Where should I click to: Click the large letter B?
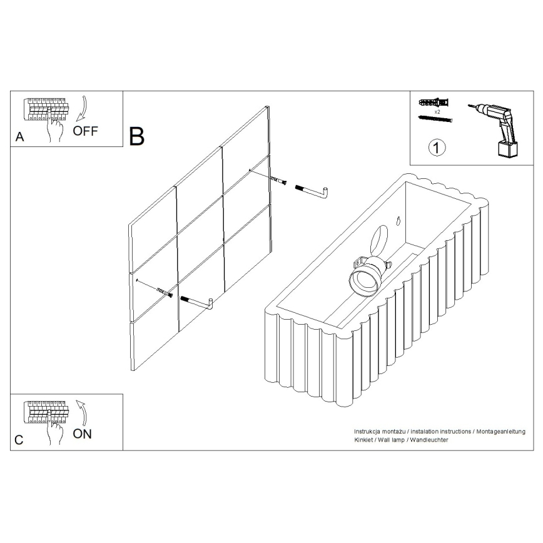tap(136, 136)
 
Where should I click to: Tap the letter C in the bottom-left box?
tap(19, 440)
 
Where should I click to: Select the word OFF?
tap(86, 131)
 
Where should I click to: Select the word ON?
tap(82, 434)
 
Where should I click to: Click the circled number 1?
tap(437, 148)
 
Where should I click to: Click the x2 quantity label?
tap(436, 110)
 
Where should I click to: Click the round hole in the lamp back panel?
tap(380, 240)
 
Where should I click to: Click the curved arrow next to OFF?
tap(80, 109)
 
